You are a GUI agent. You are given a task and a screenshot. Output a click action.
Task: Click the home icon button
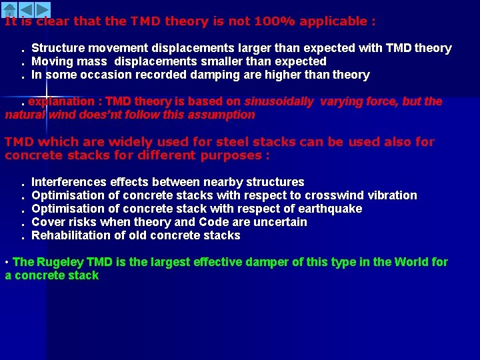[9, 9]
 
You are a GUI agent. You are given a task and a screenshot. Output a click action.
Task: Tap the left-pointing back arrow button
[25, 9]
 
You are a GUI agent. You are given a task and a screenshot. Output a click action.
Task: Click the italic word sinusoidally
[279, 101]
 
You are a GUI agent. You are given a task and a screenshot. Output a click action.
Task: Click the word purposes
[233, 155]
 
